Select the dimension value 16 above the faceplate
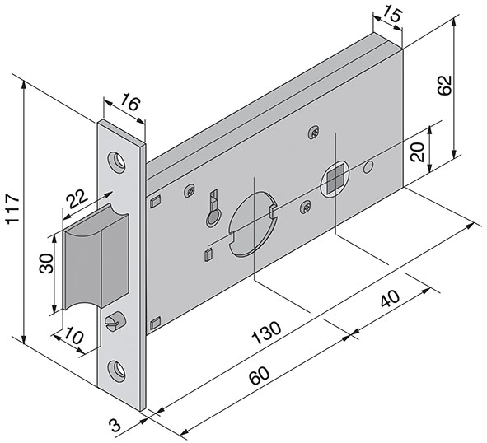pos(129,103)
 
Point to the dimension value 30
pos(46,263)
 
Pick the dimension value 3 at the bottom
pos(115,426)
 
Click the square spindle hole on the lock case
pos(334,178)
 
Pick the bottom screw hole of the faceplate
pos(121,370)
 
